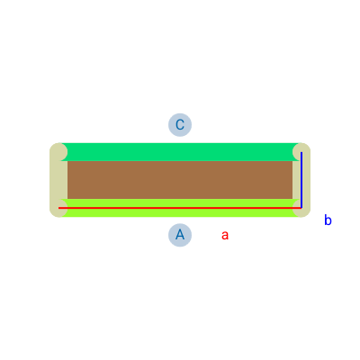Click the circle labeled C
180,125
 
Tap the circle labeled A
180,235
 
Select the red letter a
225,236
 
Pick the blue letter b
328,220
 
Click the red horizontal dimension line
180,208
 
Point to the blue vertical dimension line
301,180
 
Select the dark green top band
180,152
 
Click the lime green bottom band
180,208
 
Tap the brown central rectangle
180,180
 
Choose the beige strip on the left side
58,180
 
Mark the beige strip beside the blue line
301,180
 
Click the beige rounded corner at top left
58,152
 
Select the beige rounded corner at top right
301,152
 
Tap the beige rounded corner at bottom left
58,208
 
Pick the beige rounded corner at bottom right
301,208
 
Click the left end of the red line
58,208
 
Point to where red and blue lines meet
301,208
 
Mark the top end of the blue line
301,152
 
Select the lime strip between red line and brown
180,202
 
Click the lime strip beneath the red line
180,212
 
